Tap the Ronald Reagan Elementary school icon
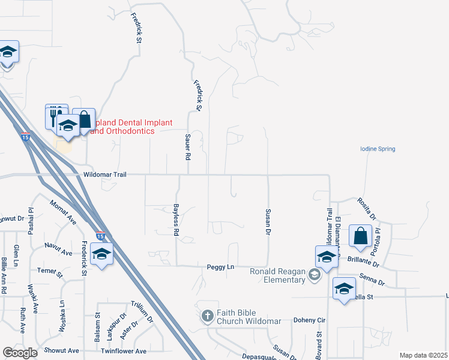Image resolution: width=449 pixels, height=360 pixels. (313, 275)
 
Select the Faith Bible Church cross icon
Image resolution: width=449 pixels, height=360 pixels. (207, 316)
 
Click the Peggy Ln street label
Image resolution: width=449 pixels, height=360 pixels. (220, 267)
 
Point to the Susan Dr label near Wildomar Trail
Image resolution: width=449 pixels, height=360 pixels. (268, 221)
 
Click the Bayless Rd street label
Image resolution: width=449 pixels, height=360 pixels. (176, 218)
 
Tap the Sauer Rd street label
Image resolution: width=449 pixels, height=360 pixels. (187, 147)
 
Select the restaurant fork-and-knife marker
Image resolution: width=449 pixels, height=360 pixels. (53, 115)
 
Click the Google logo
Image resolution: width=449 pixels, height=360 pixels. (20, 353)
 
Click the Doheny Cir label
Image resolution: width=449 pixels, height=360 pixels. (309, 320)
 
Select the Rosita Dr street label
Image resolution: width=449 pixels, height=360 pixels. (366, 208)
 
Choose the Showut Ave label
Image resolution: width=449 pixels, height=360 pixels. (61, 350)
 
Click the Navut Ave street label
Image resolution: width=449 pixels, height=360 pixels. (58, 246)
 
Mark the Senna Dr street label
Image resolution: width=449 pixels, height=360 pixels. (372, 279)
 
